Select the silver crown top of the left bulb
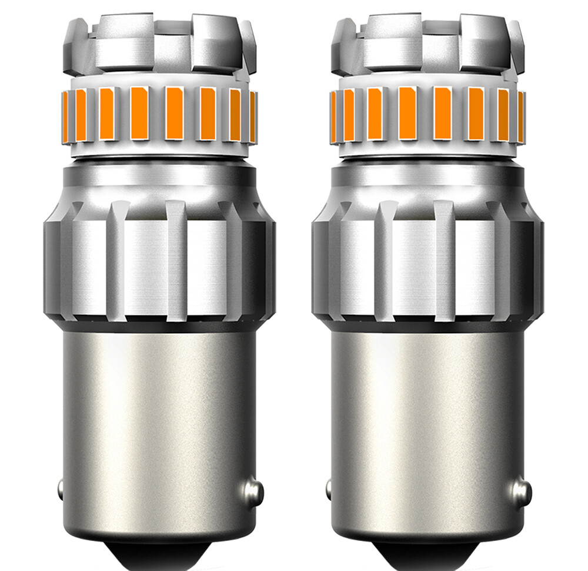(x=159, y=44)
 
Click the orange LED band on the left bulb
(x=159, y=113)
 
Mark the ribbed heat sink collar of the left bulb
(x=159, y=259)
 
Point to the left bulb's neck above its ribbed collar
(x=159, y=180)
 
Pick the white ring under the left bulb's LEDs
(x=159, y=151)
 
